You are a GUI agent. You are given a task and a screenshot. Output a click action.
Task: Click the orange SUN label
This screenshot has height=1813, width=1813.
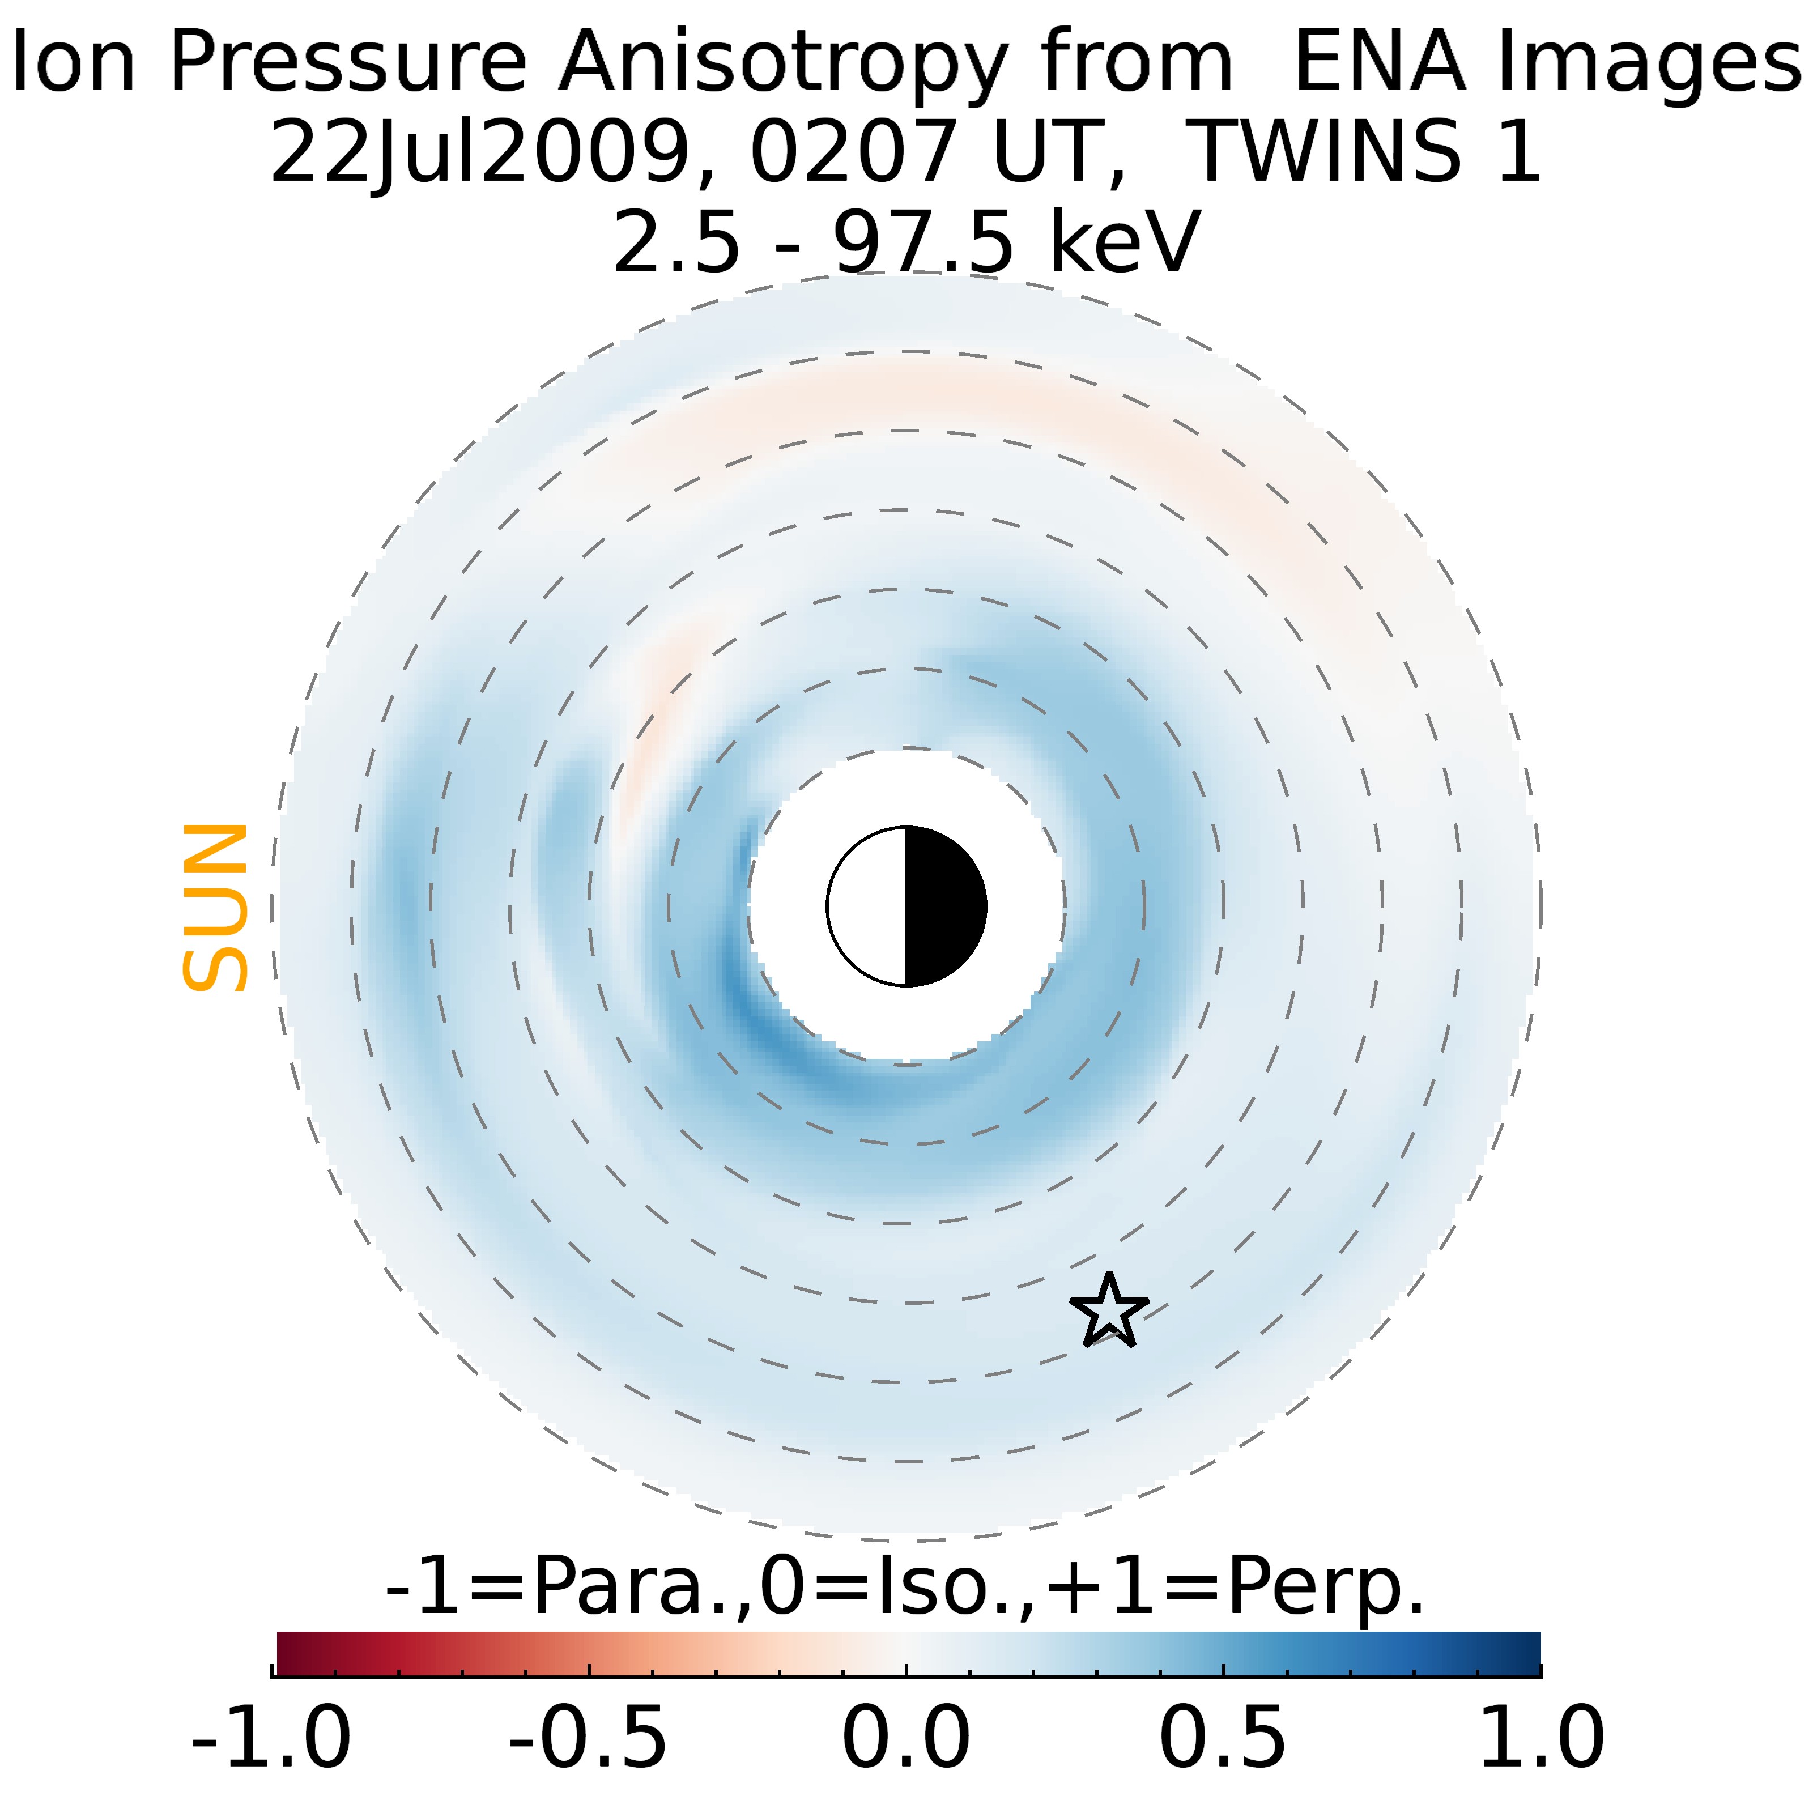coord(215,908)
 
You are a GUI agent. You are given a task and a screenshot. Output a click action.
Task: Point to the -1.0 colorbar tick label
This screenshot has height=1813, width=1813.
coord(271,1737)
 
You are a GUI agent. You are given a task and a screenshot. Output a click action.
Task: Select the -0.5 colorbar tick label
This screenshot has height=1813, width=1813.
coord(589,1737)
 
